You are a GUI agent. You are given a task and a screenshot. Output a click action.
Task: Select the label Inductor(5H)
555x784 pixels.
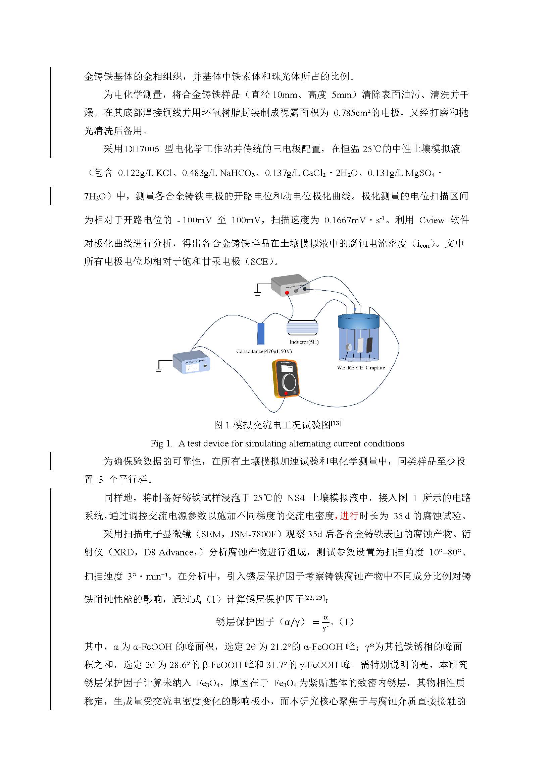click(304, 342)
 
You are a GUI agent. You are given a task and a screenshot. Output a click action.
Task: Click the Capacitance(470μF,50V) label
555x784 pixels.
click(264, 351)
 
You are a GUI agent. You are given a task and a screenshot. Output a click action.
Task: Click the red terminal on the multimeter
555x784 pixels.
click(286, 394)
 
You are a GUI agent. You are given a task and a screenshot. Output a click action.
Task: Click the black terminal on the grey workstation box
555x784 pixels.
click(304, 289)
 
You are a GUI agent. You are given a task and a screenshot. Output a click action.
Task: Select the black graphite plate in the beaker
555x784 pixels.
click(369, 345)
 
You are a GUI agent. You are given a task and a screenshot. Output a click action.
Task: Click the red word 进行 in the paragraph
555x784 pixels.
click(349, 516)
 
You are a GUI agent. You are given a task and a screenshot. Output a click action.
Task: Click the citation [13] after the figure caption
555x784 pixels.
click(336, 423)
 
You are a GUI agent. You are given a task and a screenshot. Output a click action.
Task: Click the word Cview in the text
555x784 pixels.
click(432, 220)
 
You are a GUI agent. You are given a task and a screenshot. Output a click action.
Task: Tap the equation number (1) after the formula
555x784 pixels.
click(347, 622)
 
